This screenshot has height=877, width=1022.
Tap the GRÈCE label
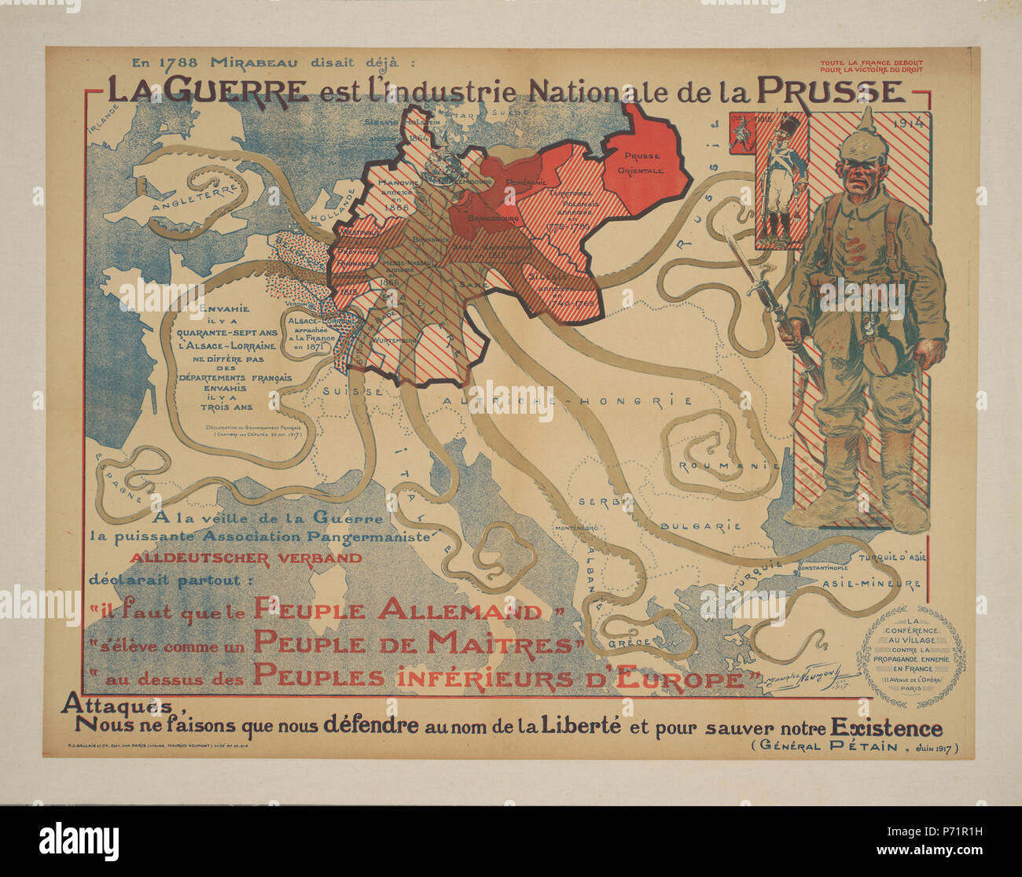pyautogui.click(x=629, y=643)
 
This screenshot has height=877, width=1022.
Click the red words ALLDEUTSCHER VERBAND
pyautogui.click(x=246, y=558)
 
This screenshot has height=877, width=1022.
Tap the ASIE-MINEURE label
pyautogui.click(x=870, y=584)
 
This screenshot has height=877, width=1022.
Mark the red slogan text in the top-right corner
pyautogui.click(x=871, y=66)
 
